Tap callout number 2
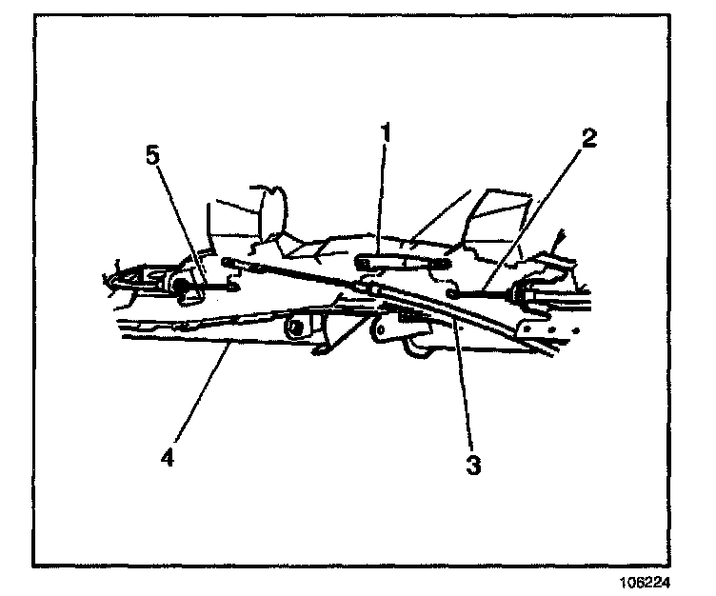click(589, 139)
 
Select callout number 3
click(473, 466)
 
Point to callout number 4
click(168, 457)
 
